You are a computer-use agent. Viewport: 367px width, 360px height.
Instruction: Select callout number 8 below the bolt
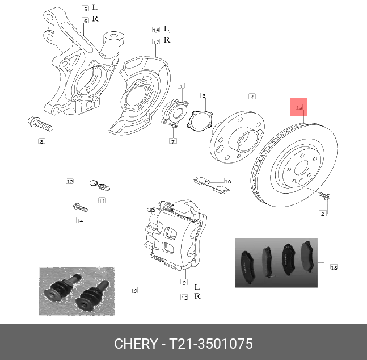coord(41,141)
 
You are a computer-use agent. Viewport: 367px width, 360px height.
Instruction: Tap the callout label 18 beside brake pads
coord(334,267)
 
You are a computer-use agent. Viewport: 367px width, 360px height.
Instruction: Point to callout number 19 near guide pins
coord(134,291)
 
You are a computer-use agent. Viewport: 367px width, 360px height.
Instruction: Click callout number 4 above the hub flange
coord(252,97)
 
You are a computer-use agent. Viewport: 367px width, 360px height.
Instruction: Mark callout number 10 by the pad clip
coord(227,181)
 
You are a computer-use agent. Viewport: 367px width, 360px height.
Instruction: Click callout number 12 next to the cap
coord(69,182)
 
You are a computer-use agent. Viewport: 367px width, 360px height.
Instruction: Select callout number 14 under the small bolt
coord(80,220)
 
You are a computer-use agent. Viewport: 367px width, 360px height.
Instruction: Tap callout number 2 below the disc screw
coord(323,214)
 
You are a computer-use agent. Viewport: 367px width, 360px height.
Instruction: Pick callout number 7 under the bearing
coord(174,141)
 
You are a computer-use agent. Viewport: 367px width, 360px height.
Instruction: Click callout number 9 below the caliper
coord(184,282)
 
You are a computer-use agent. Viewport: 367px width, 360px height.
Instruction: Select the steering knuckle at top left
coord(77,62)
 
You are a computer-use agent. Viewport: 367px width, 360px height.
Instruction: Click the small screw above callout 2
coord(325,196)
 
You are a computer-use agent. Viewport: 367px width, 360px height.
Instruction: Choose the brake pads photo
coord(276,263)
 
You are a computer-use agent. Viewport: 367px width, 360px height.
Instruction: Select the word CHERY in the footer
coord(136,344)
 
